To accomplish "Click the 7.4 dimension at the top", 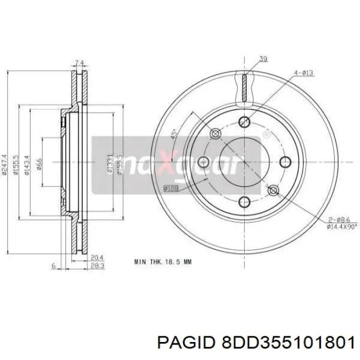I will pyautogui.click(x=79, y=63).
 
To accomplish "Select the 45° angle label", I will pyautogui.click(x=174, y=135).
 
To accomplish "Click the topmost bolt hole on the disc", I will pyautogui.click(x=245, y=122).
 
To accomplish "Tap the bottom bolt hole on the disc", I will pyautogui.click(x=245, y=201).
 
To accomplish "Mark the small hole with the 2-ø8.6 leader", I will pyautogui.click(x=273, y=191).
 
